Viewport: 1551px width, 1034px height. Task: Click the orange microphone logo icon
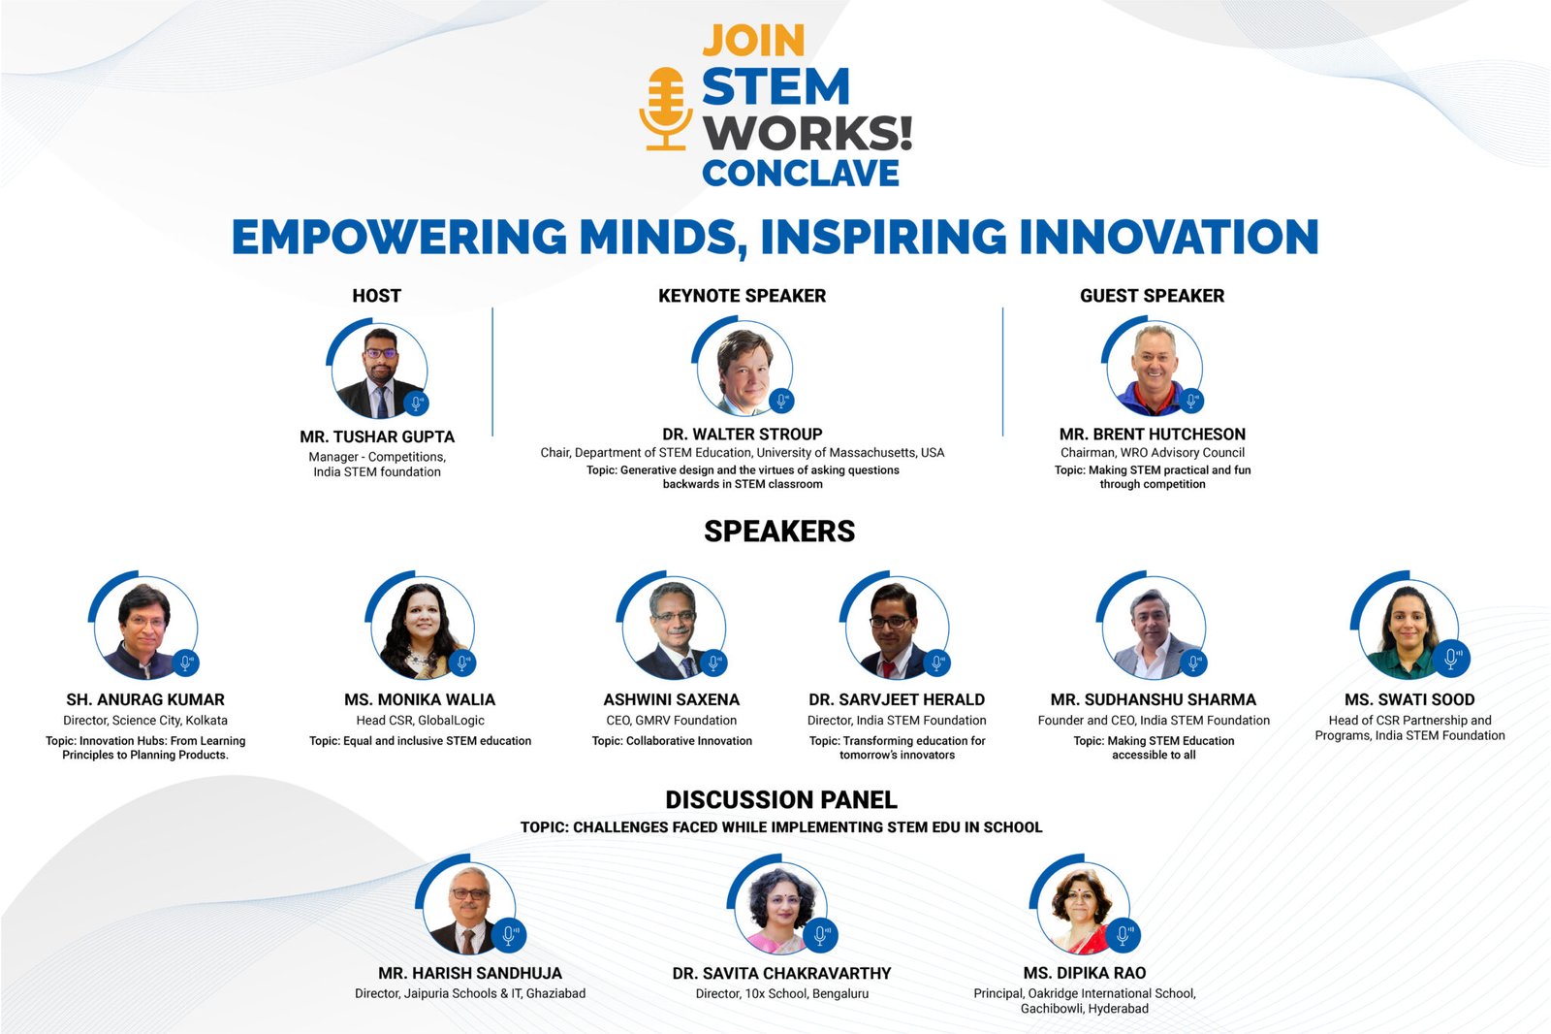pos(665,108)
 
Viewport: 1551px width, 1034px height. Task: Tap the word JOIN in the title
pos(753,41)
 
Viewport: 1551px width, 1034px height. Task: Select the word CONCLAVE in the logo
pos(801,173)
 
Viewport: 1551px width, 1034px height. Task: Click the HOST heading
pos(376,296)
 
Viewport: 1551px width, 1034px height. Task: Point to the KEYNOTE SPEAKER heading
pos(742,296)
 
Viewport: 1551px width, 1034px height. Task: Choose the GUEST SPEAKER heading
pos(1152,296)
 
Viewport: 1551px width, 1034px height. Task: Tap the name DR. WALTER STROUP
pos(742,434)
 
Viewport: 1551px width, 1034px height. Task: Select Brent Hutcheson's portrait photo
pos(1155,369)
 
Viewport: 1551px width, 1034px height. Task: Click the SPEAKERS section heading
pos(779,532)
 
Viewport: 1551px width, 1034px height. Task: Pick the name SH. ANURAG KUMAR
pos(145,699)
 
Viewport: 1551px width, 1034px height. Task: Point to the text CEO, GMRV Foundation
pos(671,721)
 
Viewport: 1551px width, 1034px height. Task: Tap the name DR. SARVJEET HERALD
pos(897,699)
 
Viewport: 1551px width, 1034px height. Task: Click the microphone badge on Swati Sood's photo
pos(1451,659)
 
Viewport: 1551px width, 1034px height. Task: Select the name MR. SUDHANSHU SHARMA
pos(1153,699)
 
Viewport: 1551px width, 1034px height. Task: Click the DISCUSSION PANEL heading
pos(781,800)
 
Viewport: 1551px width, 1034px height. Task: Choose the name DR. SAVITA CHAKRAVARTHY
pos(781,973)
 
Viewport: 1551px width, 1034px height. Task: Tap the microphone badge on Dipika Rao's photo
pos(1123,935)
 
